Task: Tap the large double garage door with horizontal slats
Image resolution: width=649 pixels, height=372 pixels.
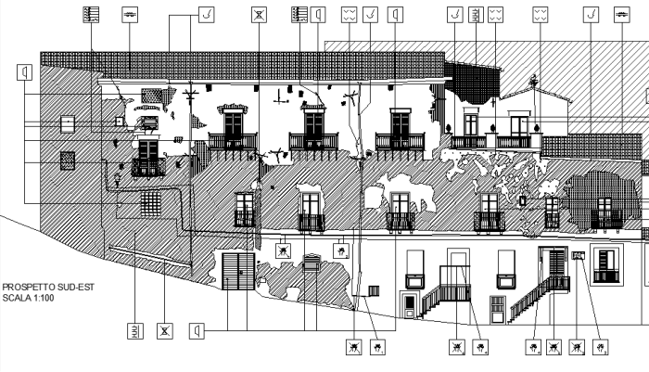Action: (x=238, y=272)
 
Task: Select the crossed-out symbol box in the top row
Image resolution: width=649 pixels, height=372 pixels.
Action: (x=259, y=15)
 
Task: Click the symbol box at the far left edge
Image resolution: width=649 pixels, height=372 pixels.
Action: (x=24, y=71)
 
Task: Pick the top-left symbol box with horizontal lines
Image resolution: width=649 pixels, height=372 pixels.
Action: (x=91, y=14)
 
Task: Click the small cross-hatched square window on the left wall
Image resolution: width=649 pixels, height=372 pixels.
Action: (x=68, y=160)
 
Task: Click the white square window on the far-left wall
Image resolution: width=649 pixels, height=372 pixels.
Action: (x=68, y=123)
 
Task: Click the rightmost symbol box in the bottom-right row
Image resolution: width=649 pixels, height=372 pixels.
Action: (x=601, y=348)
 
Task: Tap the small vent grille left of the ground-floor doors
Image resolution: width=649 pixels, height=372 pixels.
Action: (x=374, y=290)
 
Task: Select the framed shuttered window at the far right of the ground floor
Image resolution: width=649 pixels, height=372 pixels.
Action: (x=605, y=264)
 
